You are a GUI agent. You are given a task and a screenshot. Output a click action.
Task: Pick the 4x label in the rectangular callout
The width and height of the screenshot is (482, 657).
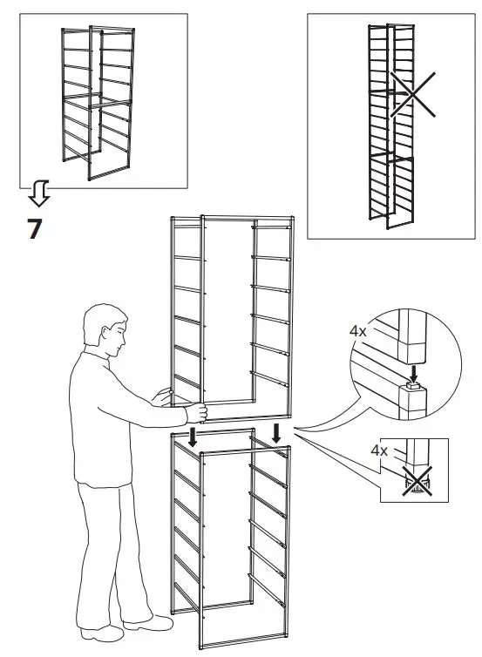point(378,451)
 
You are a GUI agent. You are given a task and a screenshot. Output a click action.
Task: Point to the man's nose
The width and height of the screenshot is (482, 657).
point(125,341)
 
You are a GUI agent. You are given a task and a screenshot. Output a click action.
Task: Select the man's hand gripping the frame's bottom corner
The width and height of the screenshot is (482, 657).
point(199,411)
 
